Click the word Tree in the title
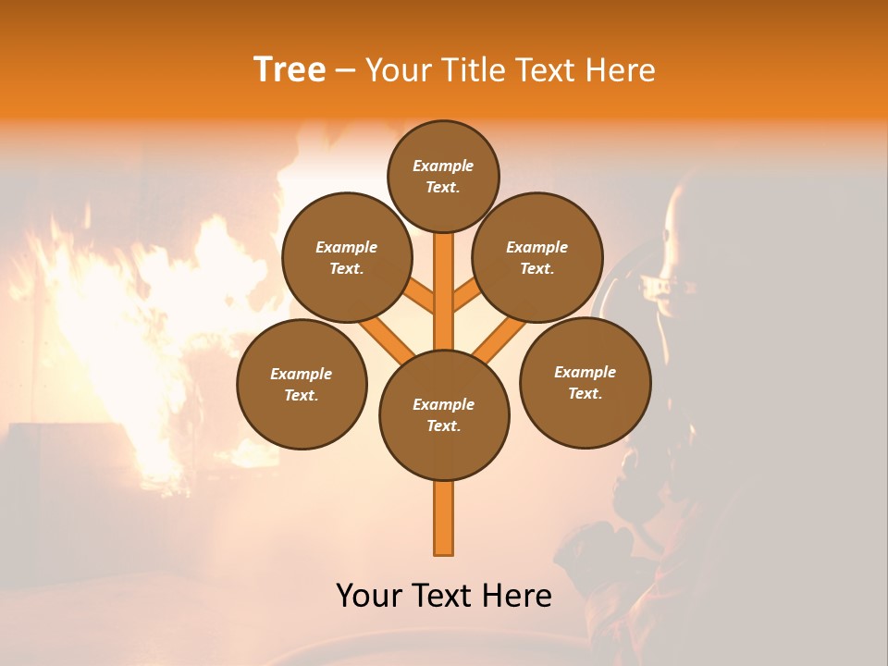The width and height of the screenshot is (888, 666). click(x=290, y=70)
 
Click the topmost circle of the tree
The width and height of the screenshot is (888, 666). click(x=443, y=176)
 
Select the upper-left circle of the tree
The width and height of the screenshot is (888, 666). click(x=347, y=257)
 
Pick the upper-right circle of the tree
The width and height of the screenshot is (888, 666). click(x=537, y=257)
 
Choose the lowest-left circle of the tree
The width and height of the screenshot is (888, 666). click(x=302, y=384)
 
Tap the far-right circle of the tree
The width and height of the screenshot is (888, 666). click(x=585, y=382)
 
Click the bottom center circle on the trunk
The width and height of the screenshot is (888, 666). click(x=444, y=414)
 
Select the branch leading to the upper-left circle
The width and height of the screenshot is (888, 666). click(x=419, y=298)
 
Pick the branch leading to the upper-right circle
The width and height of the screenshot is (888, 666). click(x=468, y=297)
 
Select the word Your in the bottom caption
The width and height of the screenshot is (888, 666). click(x=368, y=596)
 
